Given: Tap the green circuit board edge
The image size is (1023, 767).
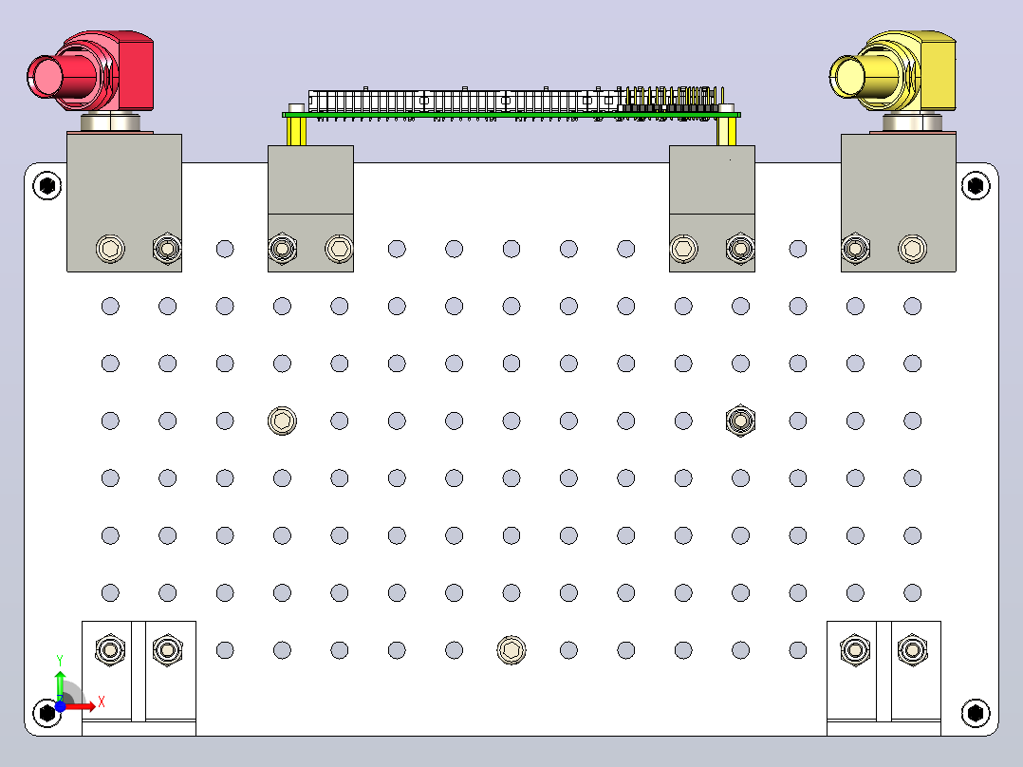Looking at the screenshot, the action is point(511,115).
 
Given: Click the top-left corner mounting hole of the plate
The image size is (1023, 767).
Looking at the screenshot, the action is point(47,186).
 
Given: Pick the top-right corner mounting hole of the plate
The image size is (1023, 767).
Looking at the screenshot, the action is point(976,186).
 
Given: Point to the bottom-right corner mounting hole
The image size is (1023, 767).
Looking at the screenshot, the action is point(976,712).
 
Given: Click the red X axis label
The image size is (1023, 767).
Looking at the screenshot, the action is point(102,702).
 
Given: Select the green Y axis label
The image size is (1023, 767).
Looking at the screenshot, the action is point(60,661).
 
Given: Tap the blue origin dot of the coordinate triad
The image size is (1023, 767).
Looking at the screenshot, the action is point(60,706).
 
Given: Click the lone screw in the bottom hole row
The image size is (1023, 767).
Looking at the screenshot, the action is point(511,650).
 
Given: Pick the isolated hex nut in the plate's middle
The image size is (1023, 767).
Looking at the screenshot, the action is point(740,421).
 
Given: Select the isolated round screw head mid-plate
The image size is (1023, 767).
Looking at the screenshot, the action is point(282,421).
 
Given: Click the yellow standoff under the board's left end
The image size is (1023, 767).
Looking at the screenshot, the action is point(297,131).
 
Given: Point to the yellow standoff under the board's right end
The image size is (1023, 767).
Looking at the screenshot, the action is point(726,131).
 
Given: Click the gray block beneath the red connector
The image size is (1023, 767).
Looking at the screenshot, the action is point(124,202).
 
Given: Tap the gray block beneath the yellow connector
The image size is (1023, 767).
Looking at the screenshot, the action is point(899,202).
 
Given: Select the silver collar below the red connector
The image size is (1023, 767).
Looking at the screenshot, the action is point(110,122).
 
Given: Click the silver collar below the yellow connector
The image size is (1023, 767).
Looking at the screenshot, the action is point(913,122).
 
